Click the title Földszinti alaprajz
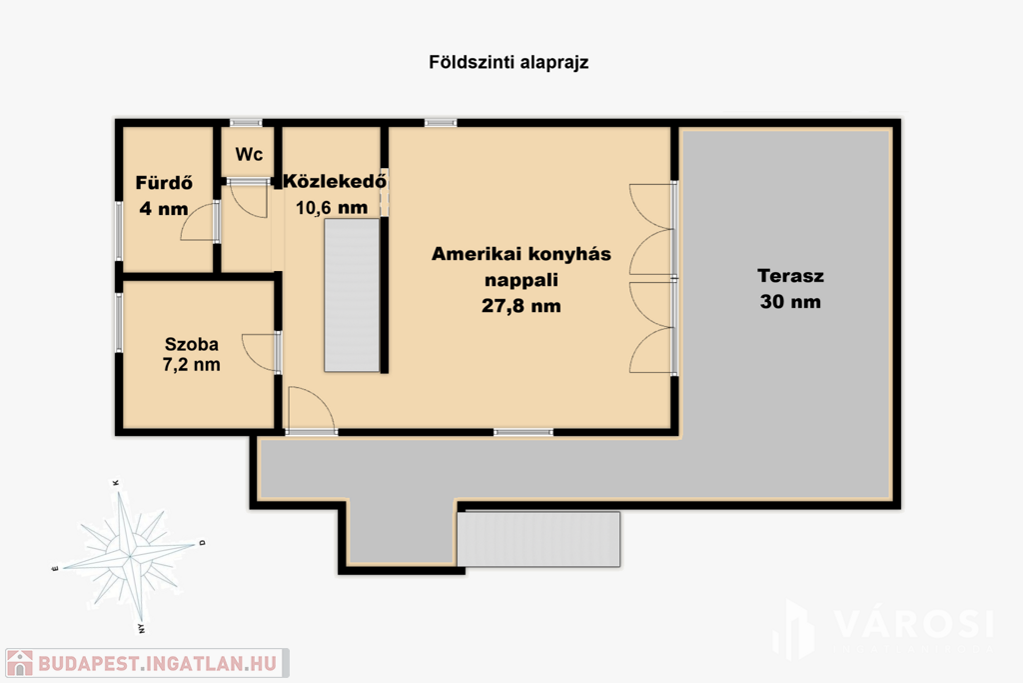tap(509, 63)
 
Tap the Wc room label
tap(249, 154)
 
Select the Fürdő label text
tap(164, 182)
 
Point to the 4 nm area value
tap(164, 209)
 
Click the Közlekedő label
tap(335, 180)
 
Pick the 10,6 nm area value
tap(332, 208)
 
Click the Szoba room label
tap(191, 344)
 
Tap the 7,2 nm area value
tap(191, 364)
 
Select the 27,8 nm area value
tap(521, 306)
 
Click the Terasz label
tap(791, 276)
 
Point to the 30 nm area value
tap(790, 302)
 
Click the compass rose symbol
tap(129, 556)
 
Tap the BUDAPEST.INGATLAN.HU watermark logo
tap(147, 663)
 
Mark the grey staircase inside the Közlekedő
tap(352, 295)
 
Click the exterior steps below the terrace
tap(538, 539)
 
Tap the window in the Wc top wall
tap(246, 123)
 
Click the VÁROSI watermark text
tap(913, 623)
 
